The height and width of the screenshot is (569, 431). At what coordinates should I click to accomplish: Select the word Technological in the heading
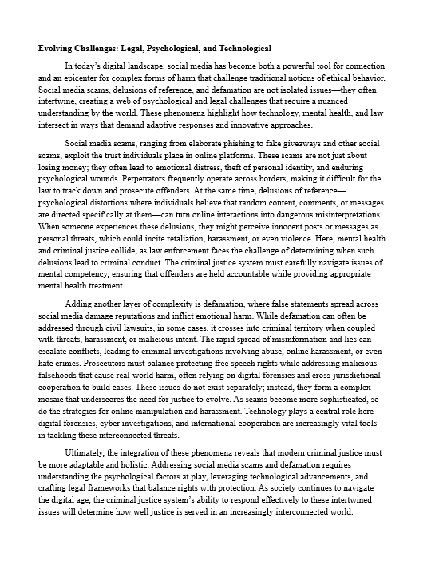pyautogui.click(x=237, y=49)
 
